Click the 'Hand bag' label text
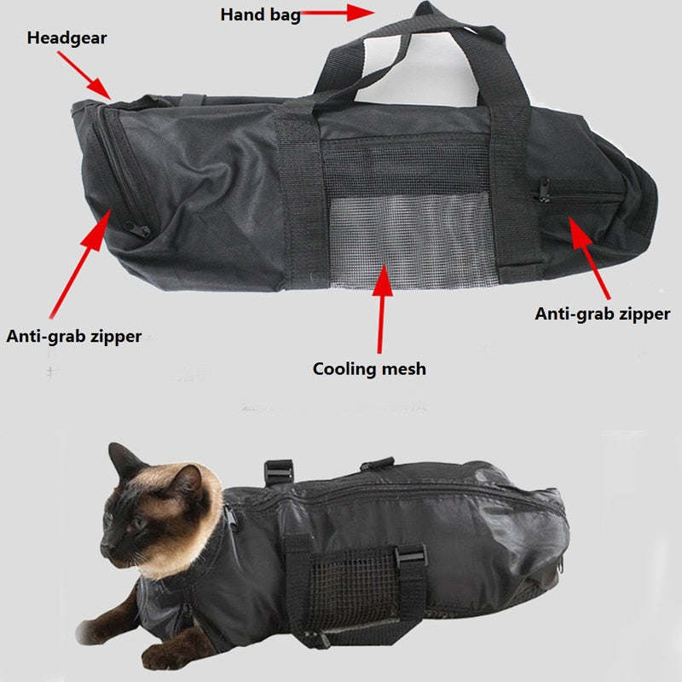260,14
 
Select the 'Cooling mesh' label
368,369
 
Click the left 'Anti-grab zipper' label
74,337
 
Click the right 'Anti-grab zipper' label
603,314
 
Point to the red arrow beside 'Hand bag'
341,13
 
